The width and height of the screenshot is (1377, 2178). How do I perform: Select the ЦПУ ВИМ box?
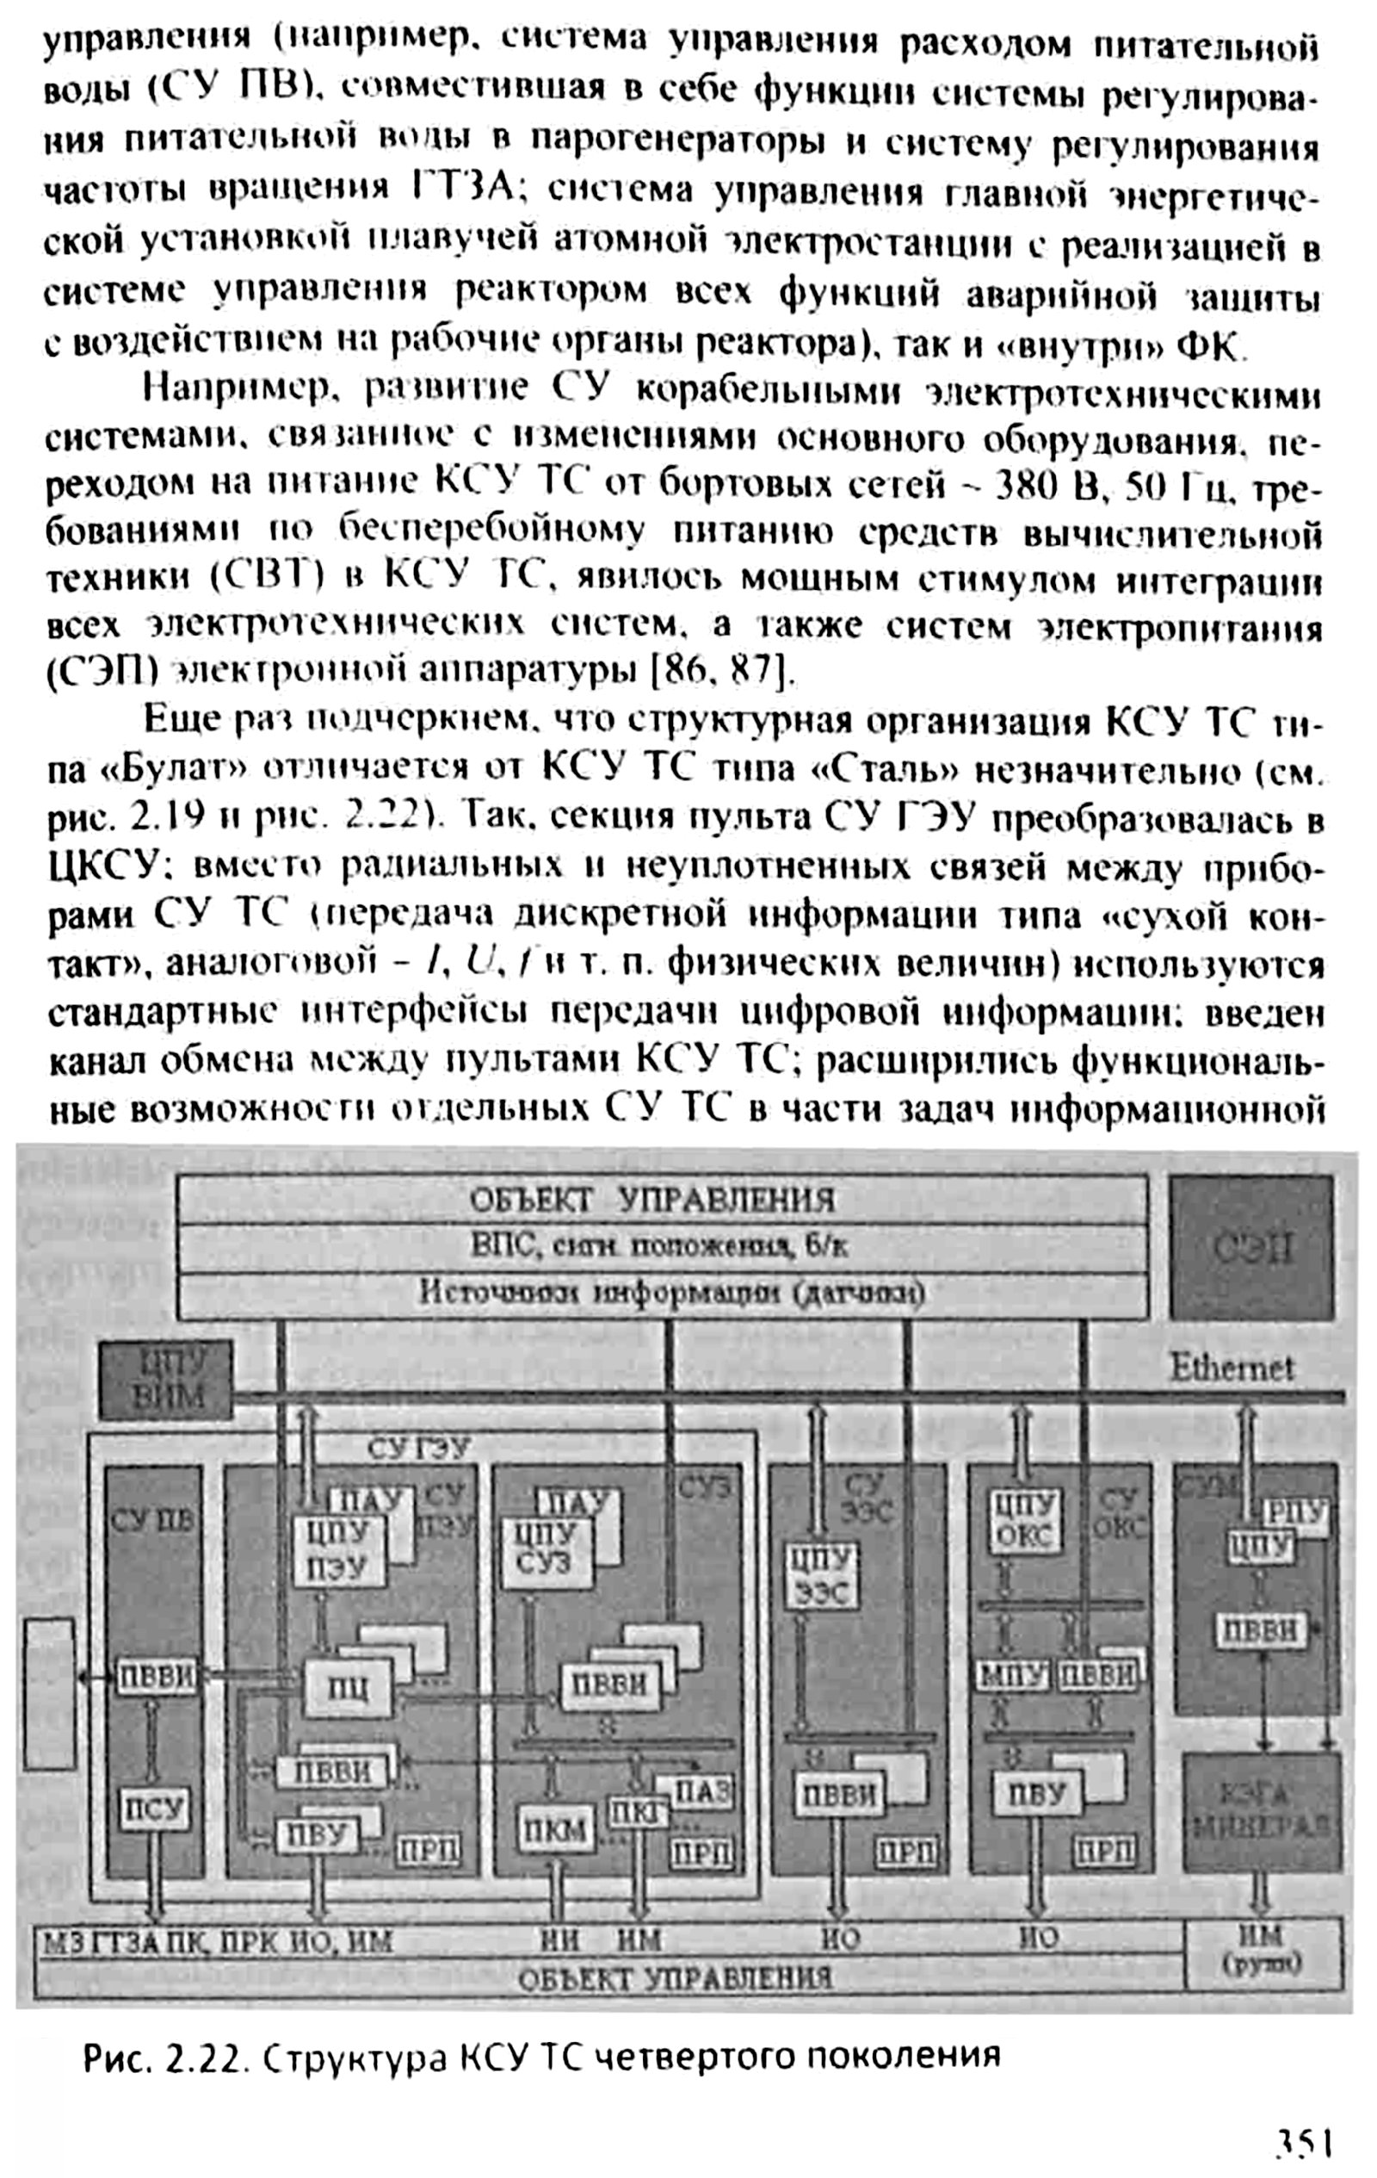[x=167, y=1381]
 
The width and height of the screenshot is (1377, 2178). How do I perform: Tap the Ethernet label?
[x=1232, y=1367]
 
